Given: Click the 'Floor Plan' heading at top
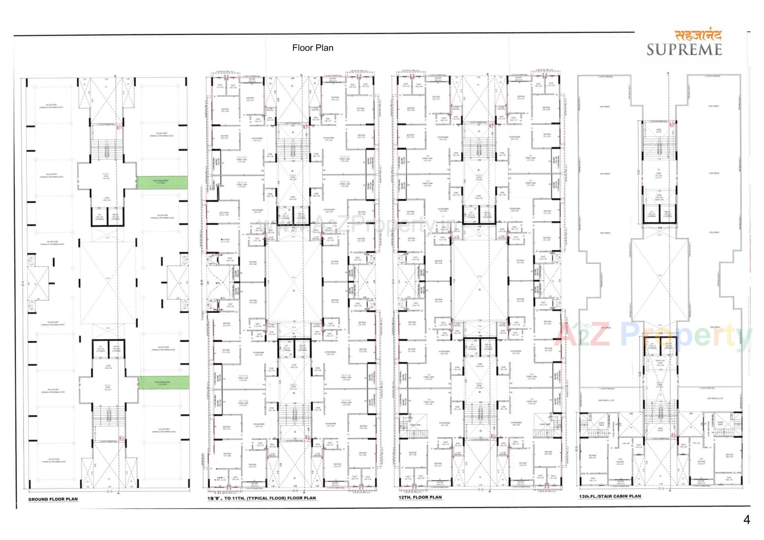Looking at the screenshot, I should (313, 48).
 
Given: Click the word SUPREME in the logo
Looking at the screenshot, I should (684, 49).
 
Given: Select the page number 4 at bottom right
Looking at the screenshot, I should (746, 520).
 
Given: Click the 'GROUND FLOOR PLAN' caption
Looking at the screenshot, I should (53, 499).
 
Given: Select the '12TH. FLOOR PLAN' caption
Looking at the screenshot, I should (420, 497).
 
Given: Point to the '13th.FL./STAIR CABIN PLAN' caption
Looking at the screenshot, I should (610, 496).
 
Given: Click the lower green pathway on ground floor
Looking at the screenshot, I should (164, 382).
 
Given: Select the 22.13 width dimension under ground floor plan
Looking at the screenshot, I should (109, 491).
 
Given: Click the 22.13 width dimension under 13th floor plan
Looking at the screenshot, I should (661, 489).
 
